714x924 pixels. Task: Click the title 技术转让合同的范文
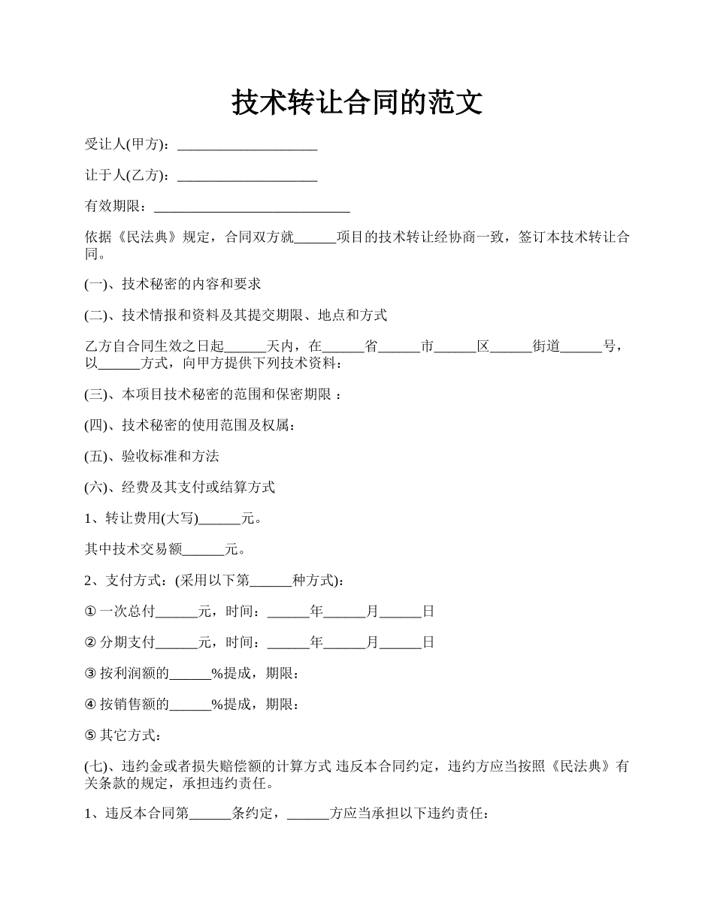pyautogui.click(x=356, y=102)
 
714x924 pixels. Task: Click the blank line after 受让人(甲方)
pyautogui.click(x=246, y=145)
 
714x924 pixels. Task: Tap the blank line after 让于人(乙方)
pyautogui.click(x=246, y=176)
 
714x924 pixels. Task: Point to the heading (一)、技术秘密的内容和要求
pyautogui.click(x=172, y=284)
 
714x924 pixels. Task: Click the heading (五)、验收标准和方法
pyautogui.click(x=151, y=456)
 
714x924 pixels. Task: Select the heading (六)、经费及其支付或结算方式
pyautogui.click(x=180, y=487)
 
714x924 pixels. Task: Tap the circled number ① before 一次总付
pyautogui.click(x=90, y=611)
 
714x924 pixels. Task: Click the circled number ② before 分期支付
pyautogui.click(x=90, y=642)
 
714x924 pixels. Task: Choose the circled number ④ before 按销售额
pyautogui.click(x=90, y=705)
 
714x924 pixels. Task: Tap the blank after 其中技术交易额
pyautogui.click(x=204, y=550)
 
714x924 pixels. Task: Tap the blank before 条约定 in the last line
pyautogui.click(x=211, y=813)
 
